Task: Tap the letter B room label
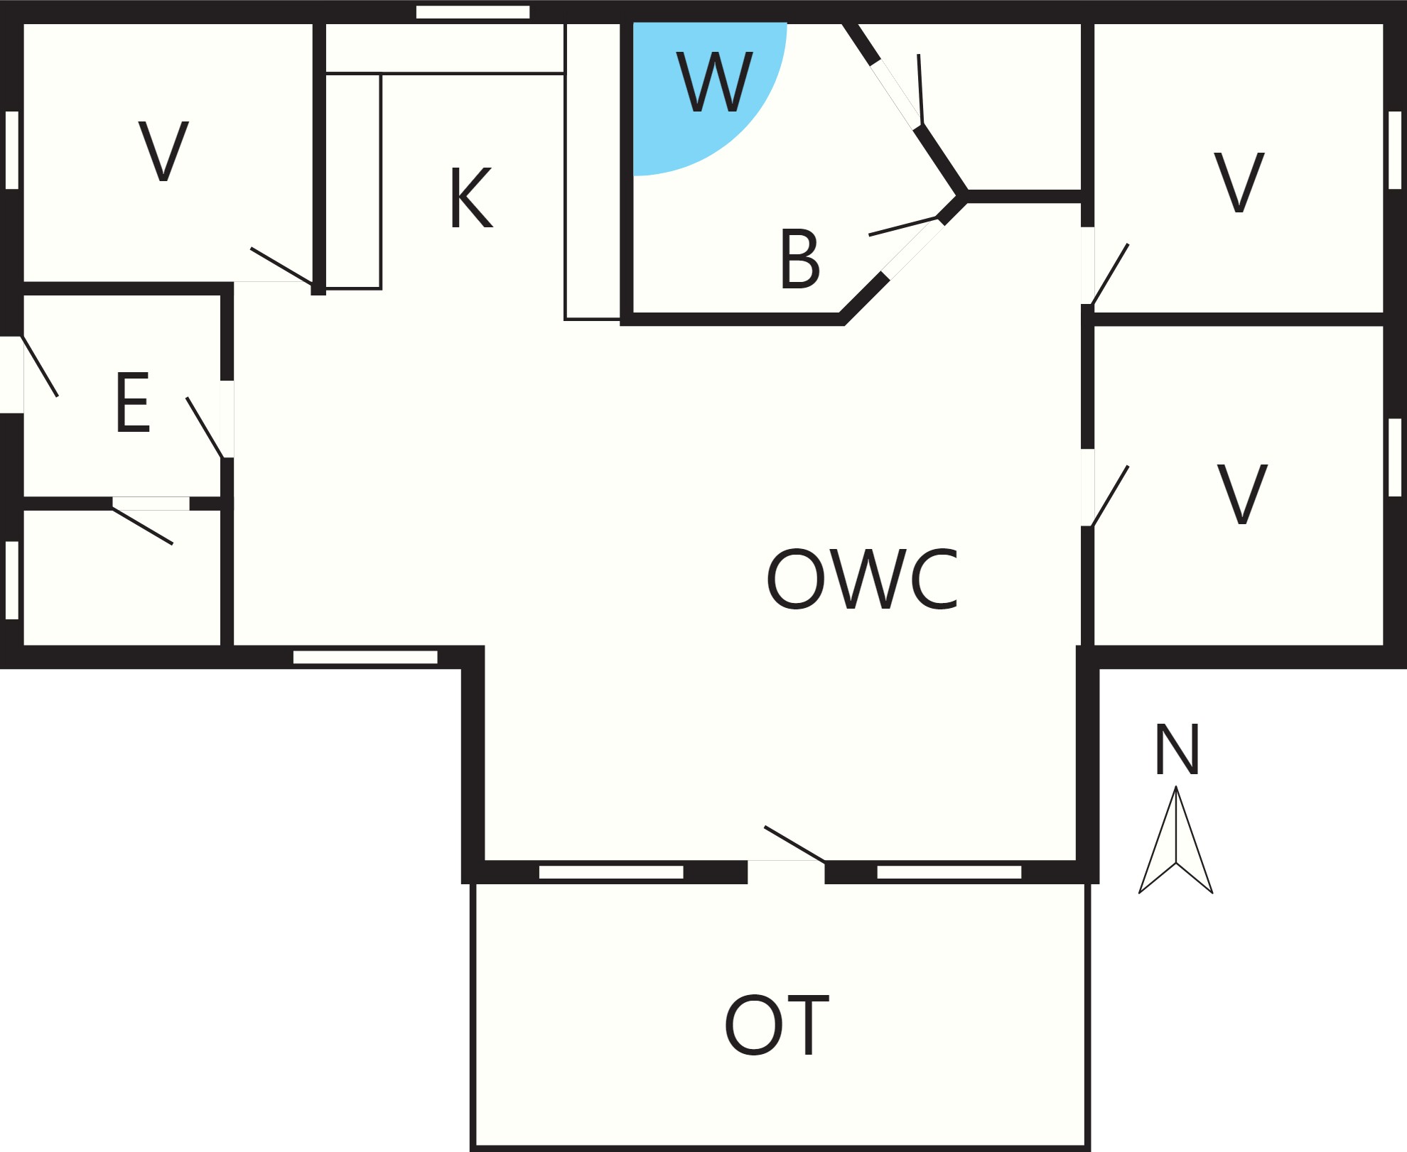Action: [x=800, y=259]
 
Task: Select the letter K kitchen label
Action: [x=471, y=198]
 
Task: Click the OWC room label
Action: [x=863, y=579]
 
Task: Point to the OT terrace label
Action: [x=777, y=1025]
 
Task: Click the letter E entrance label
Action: [x=133, y=402]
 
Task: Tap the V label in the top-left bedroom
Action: [x=163, y=151]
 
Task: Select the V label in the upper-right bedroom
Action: [x=1239, y=183]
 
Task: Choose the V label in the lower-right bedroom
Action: [x=1242, y=494]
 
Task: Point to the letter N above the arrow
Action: [x=1177, y=749]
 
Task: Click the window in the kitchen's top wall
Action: [x=473, y=12]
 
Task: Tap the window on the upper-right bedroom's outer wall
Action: [x=1395, y=150]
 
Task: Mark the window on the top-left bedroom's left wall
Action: [x=12, y=150]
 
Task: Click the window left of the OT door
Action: [x=611, y=872]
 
